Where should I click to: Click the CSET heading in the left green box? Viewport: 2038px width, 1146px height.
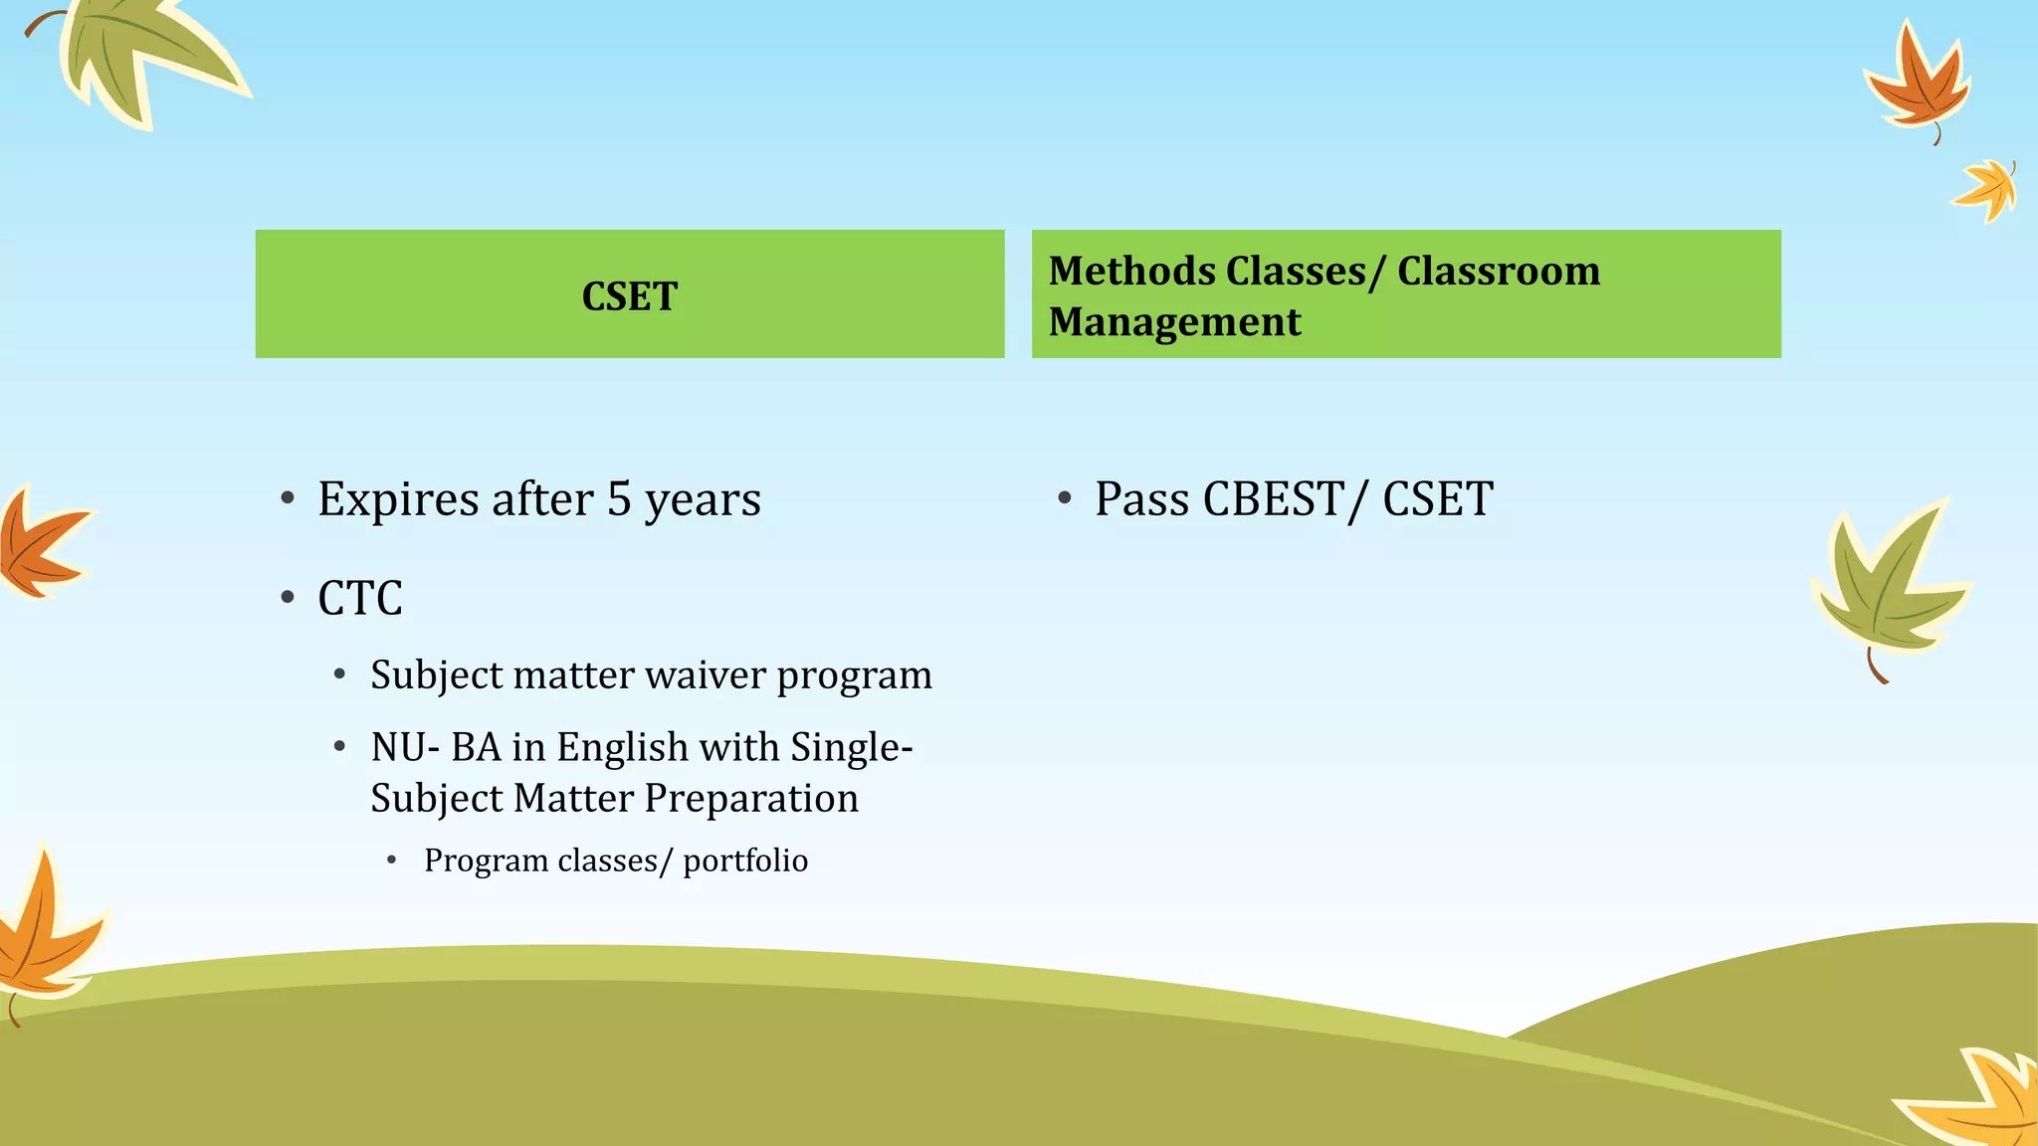click(629, 296)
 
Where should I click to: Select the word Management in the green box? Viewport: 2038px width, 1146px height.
click(1174, 322)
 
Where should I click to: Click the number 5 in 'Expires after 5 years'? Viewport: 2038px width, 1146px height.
click(619, 499)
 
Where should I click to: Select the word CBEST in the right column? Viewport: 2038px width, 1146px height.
click(1274, 499)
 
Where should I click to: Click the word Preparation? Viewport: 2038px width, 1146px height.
click(751, 799)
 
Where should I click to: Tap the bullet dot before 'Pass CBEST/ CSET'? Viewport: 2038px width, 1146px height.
click(1064, 497)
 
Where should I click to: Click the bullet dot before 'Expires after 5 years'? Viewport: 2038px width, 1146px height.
click(288, 497)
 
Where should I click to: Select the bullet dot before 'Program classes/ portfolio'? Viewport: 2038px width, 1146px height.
click(392, 859)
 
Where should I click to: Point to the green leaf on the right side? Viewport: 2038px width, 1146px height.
click(1886, 587)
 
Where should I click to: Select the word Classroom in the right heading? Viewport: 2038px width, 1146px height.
click(1498, 272)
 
